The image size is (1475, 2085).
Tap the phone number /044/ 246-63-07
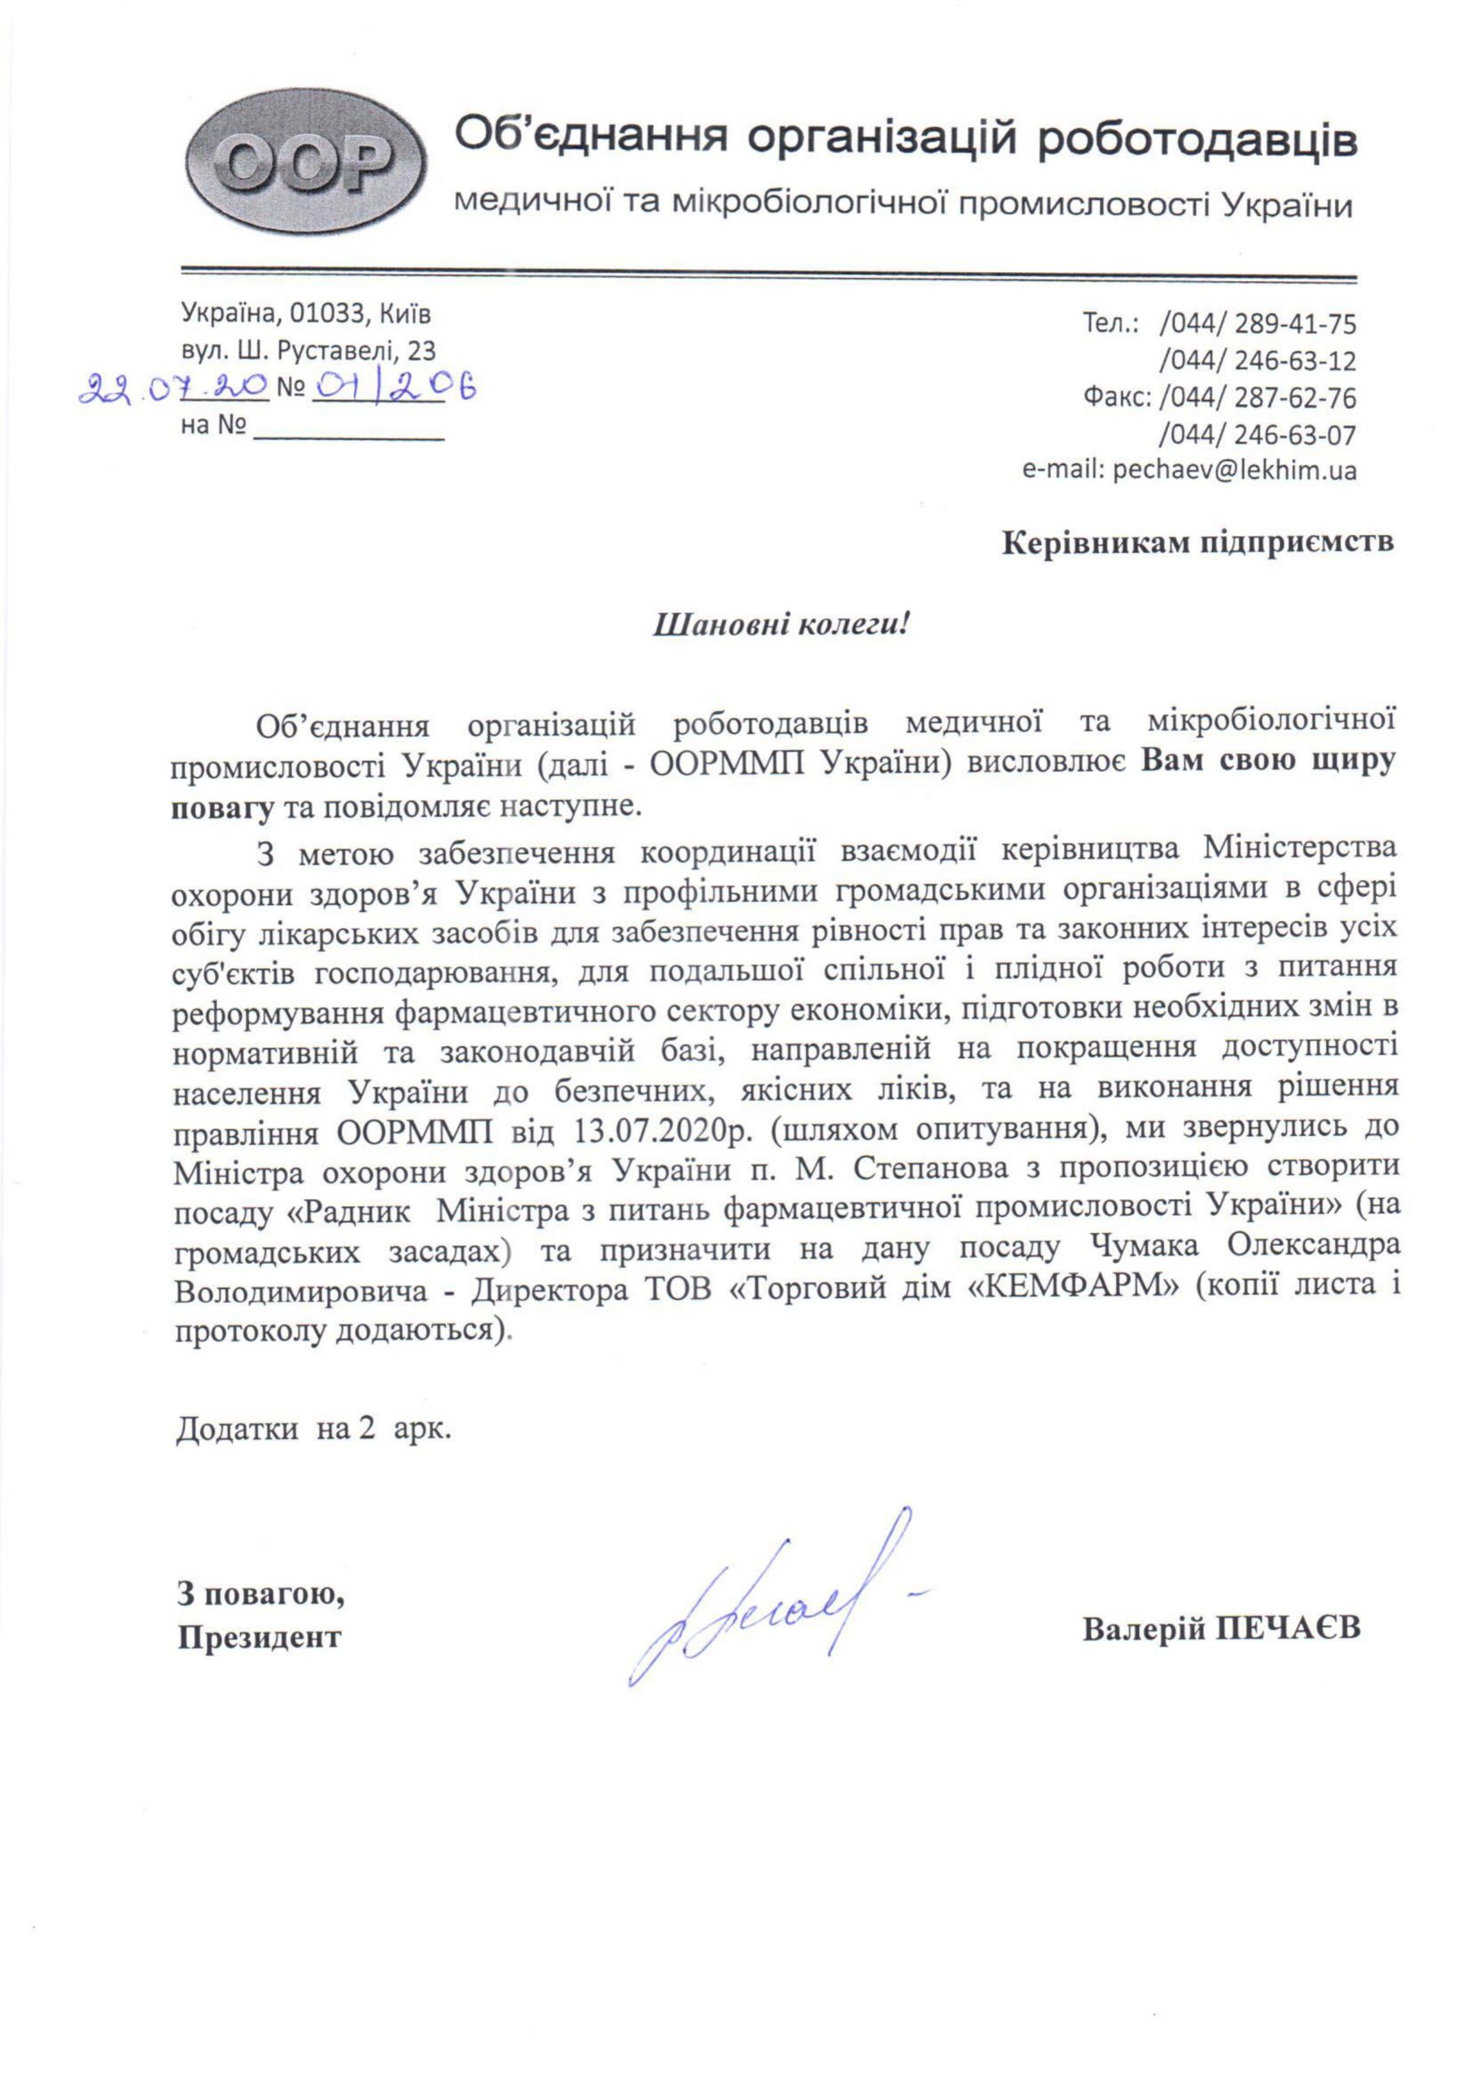pyautogui.click(x=1258, y=435)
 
